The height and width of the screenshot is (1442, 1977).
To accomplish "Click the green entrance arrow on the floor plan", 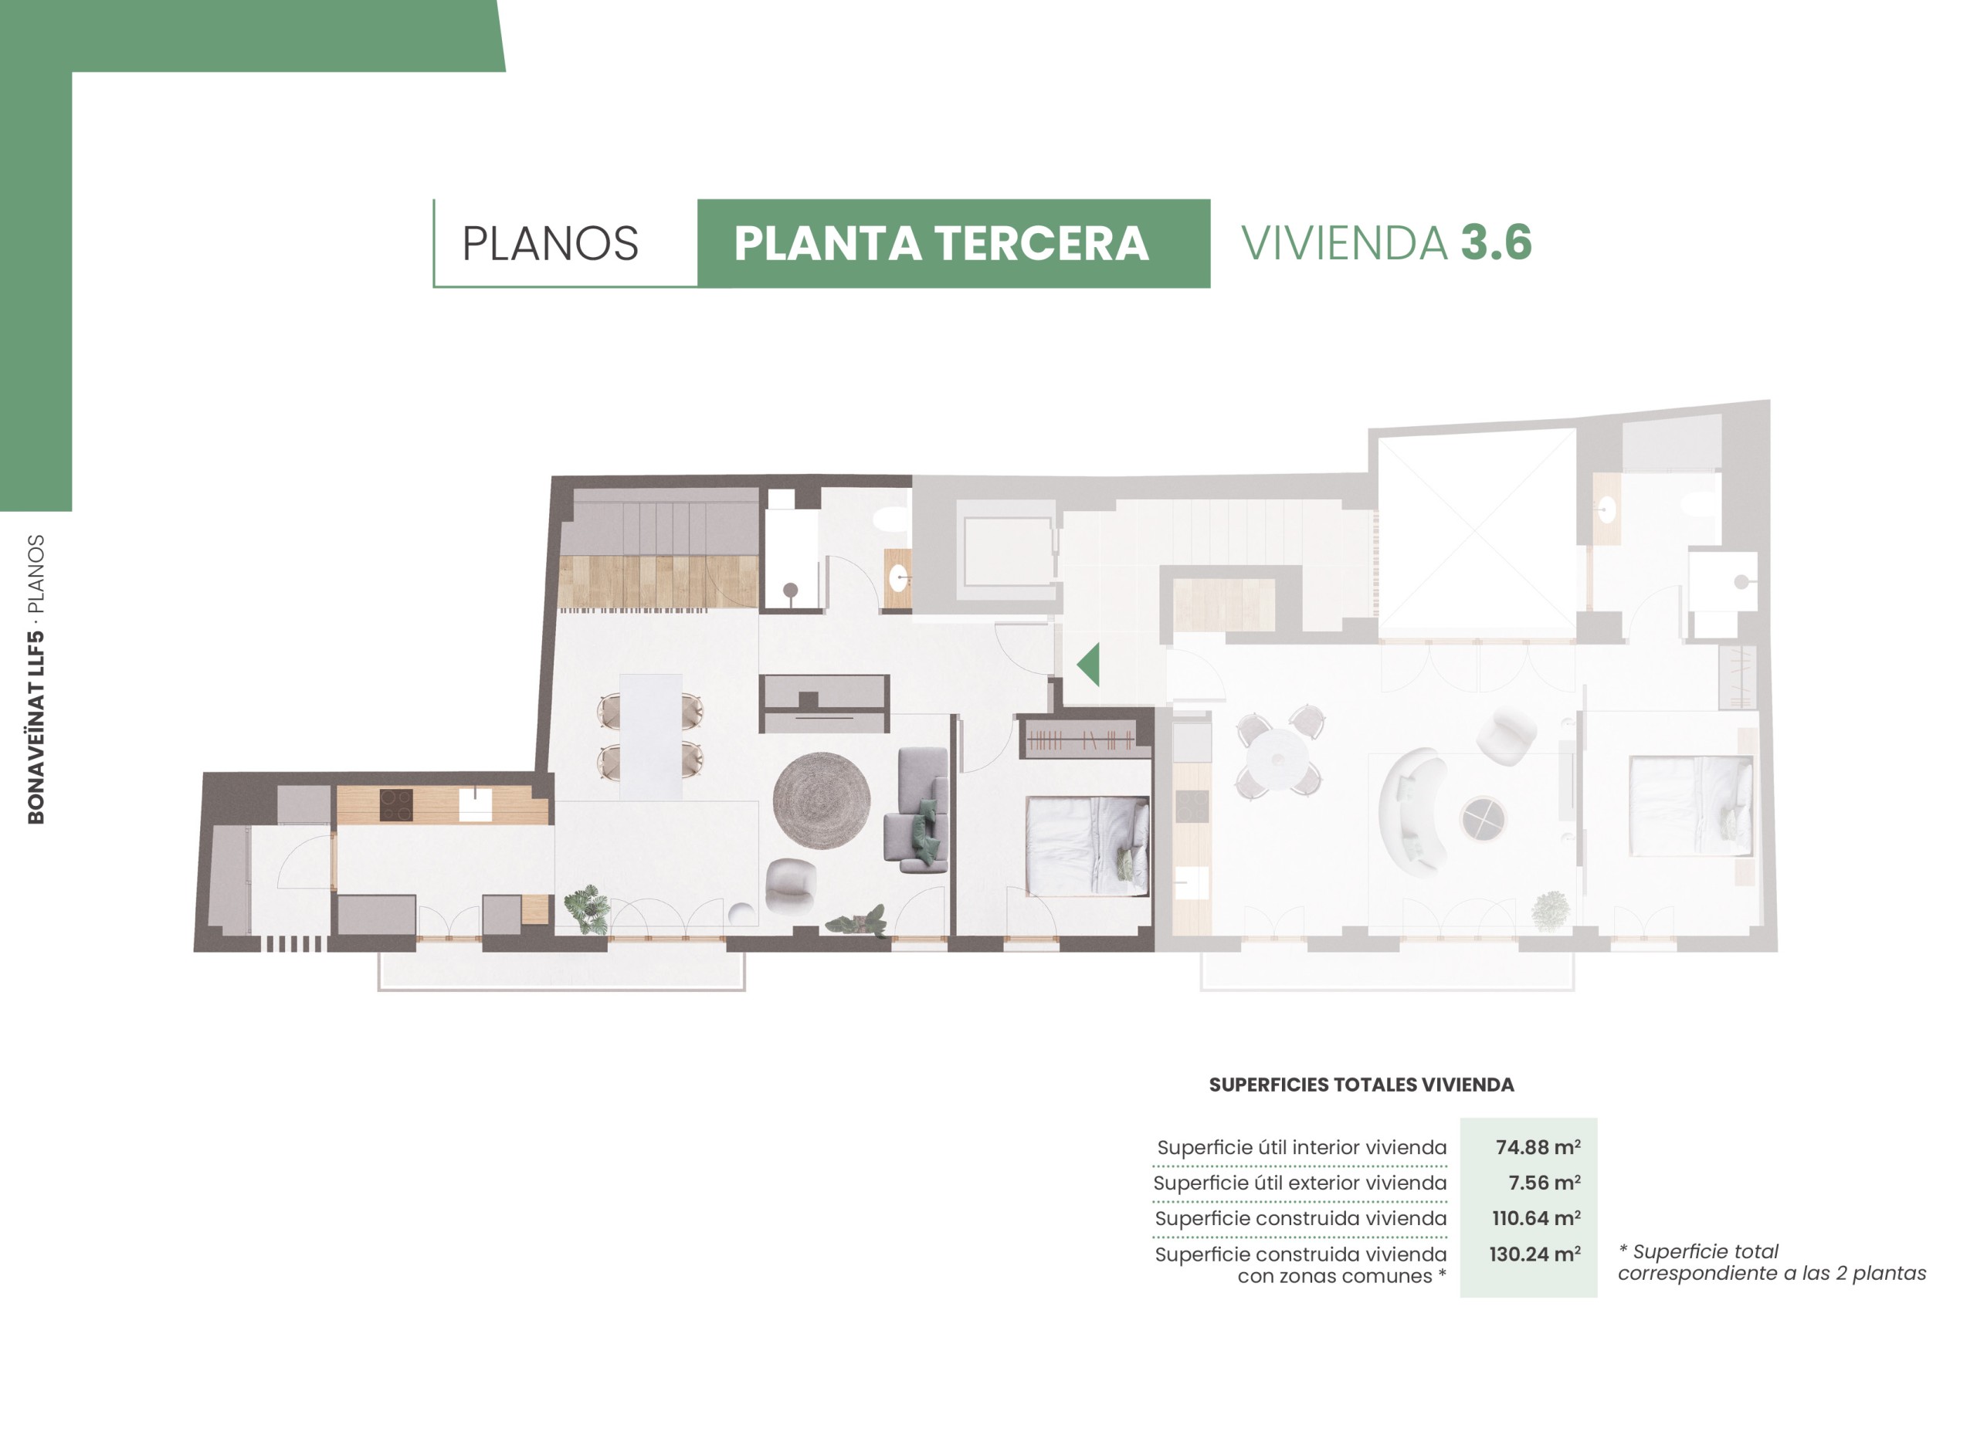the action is tap(1090, 666).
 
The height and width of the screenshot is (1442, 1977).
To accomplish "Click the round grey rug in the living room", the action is tap(821, 801).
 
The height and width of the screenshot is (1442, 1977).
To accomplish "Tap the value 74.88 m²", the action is tap(1538, 1147).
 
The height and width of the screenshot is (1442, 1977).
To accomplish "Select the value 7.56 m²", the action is tap(1544, 1183).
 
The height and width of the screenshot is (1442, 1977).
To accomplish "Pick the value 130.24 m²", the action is tap(1534, 1254).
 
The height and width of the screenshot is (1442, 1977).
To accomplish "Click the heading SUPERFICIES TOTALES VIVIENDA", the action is tap(1362, 1085).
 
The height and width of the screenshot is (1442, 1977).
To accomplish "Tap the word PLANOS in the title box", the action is tap(550, 243).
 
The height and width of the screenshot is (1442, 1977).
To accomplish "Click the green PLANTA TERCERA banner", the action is tap(954, 243).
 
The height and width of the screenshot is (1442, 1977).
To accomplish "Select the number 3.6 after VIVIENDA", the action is tap(1497, 242).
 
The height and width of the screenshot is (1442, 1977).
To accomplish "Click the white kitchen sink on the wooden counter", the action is tap(475, 806).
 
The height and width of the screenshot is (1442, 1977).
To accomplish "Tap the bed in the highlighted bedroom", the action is tap(1087, 846).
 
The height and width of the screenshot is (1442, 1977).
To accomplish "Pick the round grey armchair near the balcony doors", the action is tap(790, 886).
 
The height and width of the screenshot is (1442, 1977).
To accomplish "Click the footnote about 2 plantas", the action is tap(1772, 1262).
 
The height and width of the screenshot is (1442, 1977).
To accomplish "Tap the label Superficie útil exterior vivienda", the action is tap(1300, 1183).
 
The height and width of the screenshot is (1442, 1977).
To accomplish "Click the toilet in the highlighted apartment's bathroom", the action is tap(891, 519).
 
